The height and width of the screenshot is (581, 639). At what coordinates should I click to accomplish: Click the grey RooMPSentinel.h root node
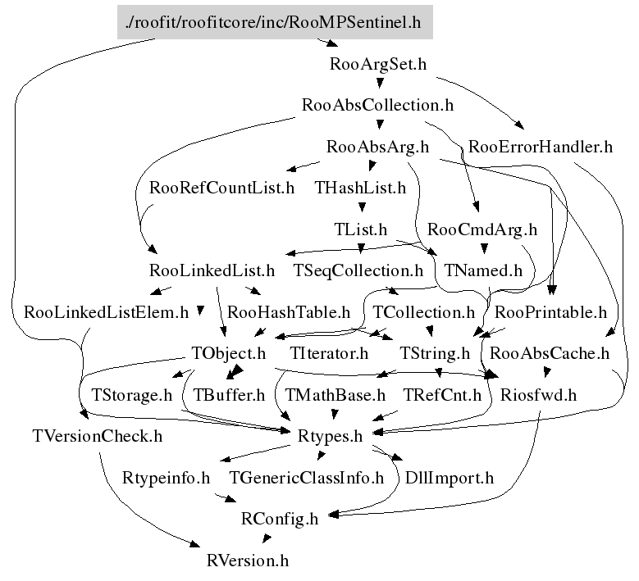(274, 22)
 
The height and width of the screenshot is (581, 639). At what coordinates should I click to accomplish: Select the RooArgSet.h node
(377, 64)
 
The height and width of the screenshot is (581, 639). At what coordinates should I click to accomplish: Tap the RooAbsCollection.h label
(377, 105)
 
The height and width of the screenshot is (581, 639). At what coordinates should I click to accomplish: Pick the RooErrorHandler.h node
(540, 148)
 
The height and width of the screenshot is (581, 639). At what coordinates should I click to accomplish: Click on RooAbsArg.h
(377, 148)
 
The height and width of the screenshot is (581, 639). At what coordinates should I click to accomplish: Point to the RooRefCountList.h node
(221, 188)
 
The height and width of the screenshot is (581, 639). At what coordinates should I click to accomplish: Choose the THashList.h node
(360, 188)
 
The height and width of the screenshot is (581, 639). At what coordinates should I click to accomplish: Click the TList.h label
(361, 229)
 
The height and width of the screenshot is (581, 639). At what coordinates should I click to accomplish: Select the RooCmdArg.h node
(482, 229)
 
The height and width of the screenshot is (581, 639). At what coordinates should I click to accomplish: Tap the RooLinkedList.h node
(212, 270)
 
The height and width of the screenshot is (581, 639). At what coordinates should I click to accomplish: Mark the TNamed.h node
(483, 270)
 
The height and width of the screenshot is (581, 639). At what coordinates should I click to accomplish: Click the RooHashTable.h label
(288, 312)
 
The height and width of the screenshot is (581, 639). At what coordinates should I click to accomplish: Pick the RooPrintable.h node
(550, 312)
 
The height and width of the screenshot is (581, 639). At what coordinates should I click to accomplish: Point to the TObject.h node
(229, 353)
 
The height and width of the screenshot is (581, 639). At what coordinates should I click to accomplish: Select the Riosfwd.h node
(538, 394)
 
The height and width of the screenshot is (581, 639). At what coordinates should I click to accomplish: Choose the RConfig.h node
(279, 518)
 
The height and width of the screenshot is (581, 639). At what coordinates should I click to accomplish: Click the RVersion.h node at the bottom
(248, 561)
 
